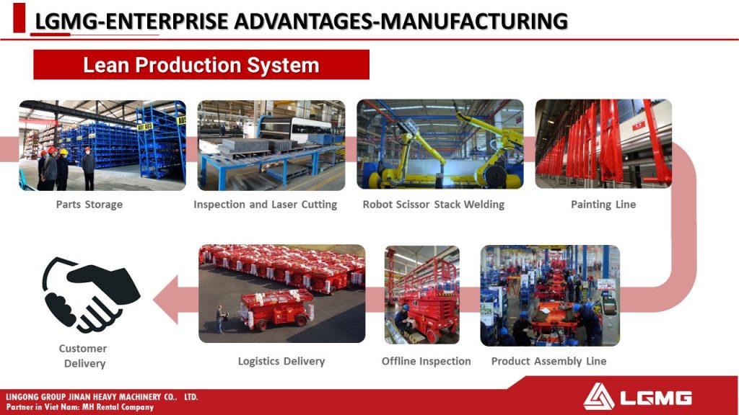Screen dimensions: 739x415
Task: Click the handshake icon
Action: click(x=90, y=294)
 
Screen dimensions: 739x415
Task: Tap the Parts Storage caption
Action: click(x=89, y=204)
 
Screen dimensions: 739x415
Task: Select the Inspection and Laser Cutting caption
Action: click(x=266, y=204)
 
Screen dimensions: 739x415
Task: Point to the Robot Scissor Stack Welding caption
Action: click(x=434, y=204)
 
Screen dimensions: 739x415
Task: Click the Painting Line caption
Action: click(x=603, y=204)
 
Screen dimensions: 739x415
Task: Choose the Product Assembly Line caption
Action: click(x=548, y=361)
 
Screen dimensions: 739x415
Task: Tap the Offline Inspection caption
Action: click(x=426, y=361)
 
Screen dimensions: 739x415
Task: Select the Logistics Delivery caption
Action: click(x=281, y=361)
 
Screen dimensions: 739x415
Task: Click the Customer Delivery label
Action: click(x=84, y=356)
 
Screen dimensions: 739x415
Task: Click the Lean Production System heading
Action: click(x=201, y=65)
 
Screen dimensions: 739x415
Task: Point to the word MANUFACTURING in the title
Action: click(x=473, y=21)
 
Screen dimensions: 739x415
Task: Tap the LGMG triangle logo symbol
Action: click(x=598, y=396)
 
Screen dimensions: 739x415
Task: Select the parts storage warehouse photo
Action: click(x=102, y=145)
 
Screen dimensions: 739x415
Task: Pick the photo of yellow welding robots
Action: click(x=440, y=144)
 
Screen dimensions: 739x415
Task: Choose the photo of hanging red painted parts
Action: click(x=603, y=143)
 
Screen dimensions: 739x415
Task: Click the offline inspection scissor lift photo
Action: click(x=421, y=295)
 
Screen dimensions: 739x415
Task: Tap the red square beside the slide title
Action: click(x=19, y=17)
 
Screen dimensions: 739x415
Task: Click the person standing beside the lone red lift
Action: click(x=220, y=318)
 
